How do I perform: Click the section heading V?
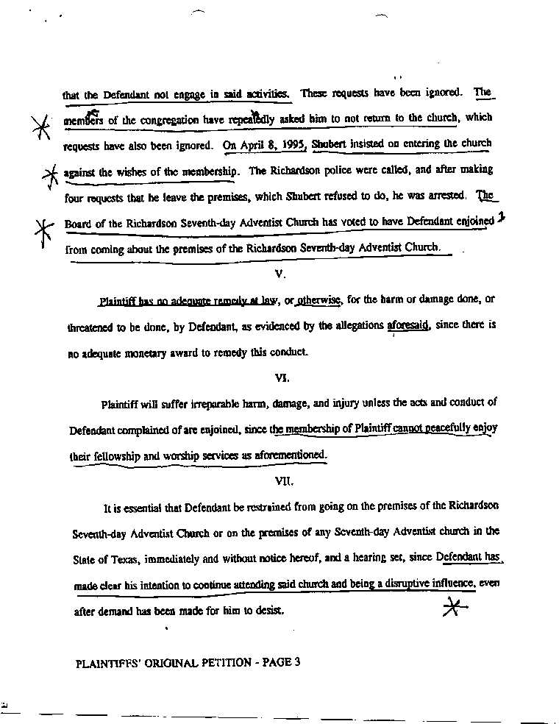[279, 274]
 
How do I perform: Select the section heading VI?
[281, 378]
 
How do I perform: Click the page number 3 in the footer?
[297, 661]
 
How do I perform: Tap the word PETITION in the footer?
[222, 662]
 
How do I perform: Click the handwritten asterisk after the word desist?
[455, 606]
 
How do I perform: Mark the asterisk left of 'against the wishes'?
[50, 175]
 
